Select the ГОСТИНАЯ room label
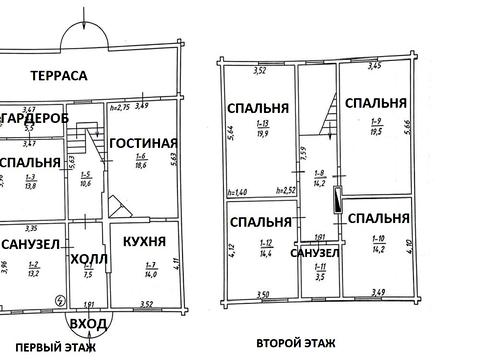pos(143,143)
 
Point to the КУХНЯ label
pos(143,243)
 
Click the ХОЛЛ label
pos(85,259)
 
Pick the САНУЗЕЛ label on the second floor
pos(315,252)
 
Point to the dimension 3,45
pos(375,66)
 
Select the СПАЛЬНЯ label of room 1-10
pos(379,217)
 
